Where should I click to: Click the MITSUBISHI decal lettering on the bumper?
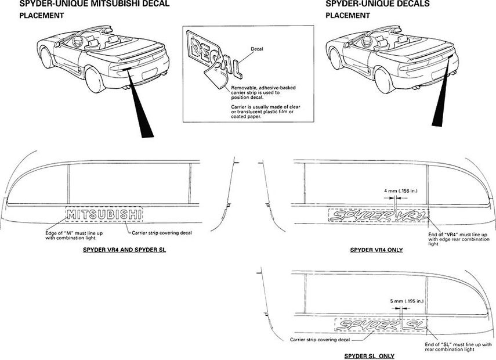(104, 215)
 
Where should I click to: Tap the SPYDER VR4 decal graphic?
(379, 216)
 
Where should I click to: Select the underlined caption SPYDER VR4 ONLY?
(376, 250)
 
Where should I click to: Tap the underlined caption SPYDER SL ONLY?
(369, 355)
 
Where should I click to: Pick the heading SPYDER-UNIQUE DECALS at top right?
(377, 4)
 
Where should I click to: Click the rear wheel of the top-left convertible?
(95, 80)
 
